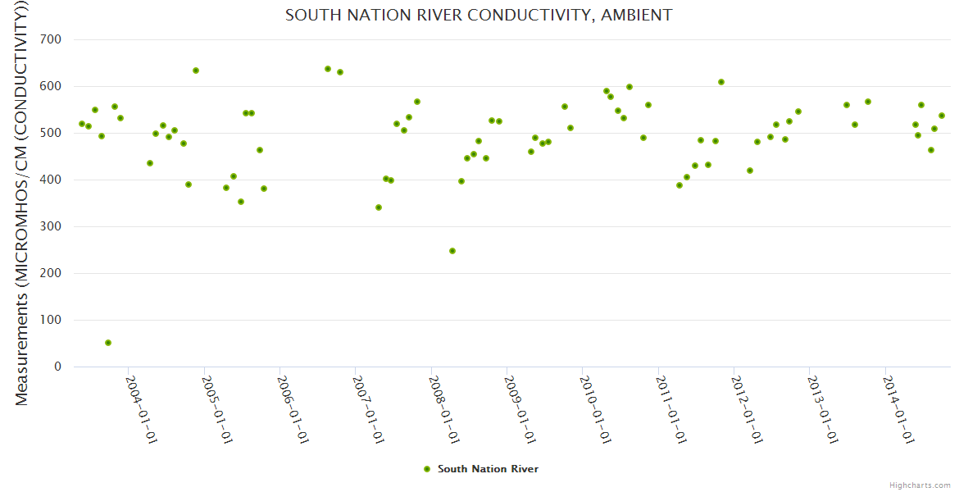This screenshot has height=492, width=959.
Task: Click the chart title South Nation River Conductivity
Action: [479, 15]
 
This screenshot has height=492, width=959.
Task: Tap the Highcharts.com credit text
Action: [920, 485]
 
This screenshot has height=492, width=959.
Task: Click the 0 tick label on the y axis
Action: [58, 367]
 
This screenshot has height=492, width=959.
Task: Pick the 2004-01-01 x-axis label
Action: [141, 410]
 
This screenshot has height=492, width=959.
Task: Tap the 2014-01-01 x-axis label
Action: [898, 410]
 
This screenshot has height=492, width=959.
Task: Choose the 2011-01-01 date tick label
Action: [670, 410]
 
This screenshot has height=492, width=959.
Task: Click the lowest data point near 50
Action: [108, 343]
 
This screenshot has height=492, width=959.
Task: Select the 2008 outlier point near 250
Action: [452, 251]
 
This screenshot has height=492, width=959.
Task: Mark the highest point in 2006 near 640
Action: [328, 69]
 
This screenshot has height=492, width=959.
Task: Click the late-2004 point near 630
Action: [196, 71]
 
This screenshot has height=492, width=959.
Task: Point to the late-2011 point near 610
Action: [721, 82]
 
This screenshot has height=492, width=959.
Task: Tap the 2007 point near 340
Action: [379, 207]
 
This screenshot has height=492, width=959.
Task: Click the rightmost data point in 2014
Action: [942, 116]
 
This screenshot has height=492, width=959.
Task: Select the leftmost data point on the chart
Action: [82, 124]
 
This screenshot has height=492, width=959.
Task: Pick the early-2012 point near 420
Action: [750, 171]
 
